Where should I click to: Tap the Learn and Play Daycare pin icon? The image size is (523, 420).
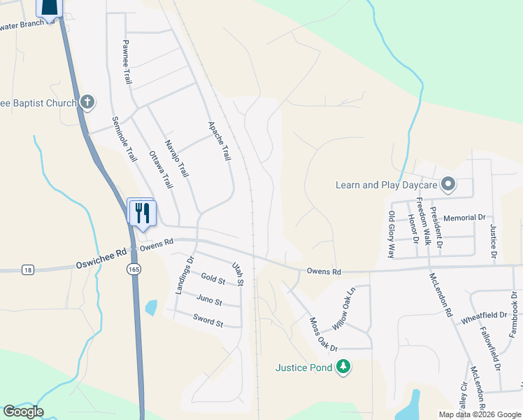448,185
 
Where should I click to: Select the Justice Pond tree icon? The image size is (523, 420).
343,366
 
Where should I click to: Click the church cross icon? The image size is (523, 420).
87,103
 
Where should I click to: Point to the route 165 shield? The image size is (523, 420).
132,269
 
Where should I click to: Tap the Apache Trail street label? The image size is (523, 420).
220,141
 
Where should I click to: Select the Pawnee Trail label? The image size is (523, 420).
127,62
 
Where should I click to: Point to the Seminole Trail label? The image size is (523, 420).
124,139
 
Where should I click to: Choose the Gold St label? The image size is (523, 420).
213,280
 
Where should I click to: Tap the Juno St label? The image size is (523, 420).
209,301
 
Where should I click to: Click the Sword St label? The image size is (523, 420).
208,322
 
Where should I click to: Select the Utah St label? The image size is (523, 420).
237,273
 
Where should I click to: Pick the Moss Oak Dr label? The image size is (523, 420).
324,335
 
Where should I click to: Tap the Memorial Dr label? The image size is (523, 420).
464,218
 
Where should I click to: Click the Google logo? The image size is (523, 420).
23,412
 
